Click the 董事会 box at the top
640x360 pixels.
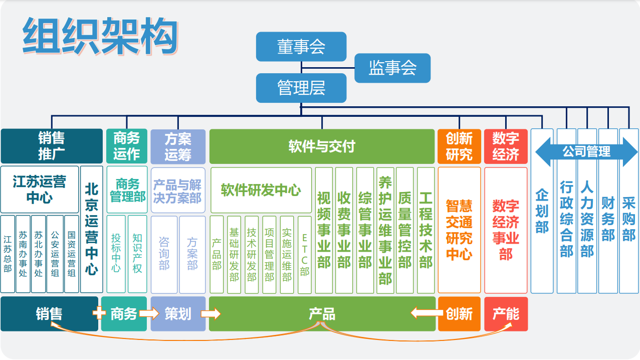[x=301, y=47]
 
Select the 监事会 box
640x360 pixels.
[x=392, y=68]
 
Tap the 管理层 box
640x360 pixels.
[x=301, y=88]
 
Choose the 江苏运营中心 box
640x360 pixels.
[x=40, y=190]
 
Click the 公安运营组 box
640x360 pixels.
[x=55, y=254]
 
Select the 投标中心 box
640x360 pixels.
[x=116, y=254]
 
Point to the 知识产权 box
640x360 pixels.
[x=137, y=254]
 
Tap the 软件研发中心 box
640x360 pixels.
[x=261, y=190]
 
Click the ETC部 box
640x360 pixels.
[x=305, y=254]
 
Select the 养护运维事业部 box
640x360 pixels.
[x=385, y=230]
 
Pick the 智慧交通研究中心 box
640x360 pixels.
[x=459, y=230]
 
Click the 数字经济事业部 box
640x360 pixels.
[x=506, y=230]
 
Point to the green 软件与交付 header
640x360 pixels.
[x=322, y=146]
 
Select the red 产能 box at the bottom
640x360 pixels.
[x=506, y=314]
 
